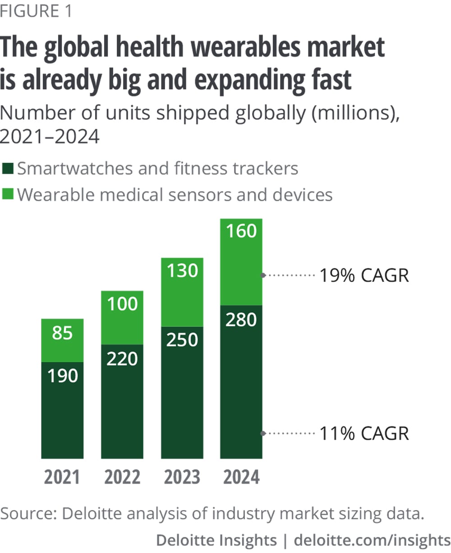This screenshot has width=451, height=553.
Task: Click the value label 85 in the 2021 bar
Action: click(62, 333)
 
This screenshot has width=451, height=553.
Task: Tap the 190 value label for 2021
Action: click(62, 376)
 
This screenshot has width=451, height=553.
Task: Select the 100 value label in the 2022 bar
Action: click(122, 304)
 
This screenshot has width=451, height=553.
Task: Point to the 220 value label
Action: click(122, 359)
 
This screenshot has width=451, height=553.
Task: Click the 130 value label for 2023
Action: click(182, 271)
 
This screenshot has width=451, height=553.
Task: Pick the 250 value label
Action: click(182, 340)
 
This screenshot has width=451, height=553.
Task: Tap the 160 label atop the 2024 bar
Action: click(242, 231)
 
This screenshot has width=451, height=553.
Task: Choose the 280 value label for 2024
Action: click(242, 319)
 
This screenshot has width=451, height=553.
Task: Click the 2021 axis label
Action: click(62, 477)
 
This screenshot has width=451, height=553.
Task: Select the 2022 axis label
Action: click(122, 477)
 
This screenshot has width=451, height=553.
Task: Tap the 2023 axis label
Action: click(182, 477)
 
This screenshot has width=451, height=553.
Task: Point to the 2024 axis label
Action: click(242, 477)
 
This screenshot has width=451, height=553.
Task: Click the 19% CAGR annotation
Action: click(364, 275)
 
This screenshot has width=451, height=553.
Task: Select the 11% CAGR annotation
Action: click(364, 433)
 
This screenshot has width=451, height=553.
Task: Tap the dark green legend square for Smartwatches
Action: click(9, 169)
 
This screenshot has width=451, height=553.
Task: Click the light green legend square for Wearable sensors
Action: click(9, 195)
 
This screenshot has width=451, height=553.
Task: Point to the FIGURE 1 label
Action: click(36, 11)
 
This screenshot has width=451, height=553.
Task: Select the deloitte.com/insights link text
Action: click(372, 540)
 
